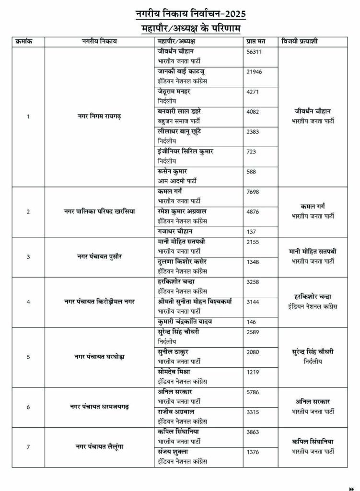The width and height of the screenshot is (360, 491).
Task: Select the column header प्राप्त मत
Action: coord(255,41)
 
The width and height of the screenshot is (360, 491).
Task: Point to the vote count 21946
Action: coord(254,72)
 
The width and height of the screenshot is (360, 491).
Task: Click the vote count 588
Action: coord(252,171)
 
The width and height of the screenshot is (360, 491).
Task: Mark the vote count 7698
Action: coord(253,191)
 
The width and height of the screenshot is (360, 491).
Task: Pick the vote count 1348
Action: coord(253,261)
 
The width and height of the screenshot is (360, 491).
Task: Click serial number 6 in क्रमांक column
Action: coord(28,407)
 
